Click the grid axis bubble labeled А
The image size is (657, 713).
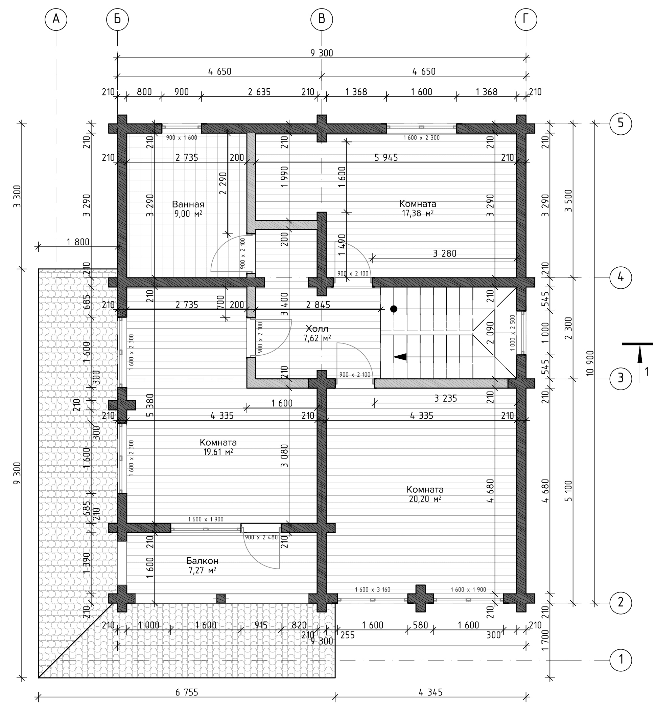[x=56, y=19]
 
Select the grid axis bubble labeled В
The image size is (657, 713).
[x=322, y=19]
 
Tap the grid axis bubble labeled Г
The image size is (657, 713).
[x=526, y=19]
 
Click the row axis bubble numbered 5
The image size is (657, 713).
[x=621, y=124]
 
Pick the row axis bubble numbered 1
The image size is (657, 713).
[x=621, y=659]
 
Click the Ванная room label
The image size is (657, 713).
[x=188, y=204]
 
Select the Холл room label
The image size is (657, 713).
[x=317, y=328]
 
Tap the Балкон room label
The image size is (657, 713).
[x=202, y=561]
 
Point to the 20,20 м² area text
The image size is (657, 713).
[x=425, y=499]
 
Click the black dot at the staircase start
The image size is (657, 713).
[x=394, y=309]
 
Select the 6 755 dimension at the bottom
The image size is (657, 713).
[x=187, y=692]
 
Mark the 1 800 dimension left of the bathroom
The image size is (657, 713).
[x=78, y=242]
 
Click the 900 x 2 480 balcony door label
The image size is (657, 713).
[x=261, y=537]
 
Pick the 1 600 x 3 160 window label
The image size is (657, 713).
[x=373, y=589]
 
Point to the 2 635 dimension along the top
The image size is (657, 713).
[x=259, y=92]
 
